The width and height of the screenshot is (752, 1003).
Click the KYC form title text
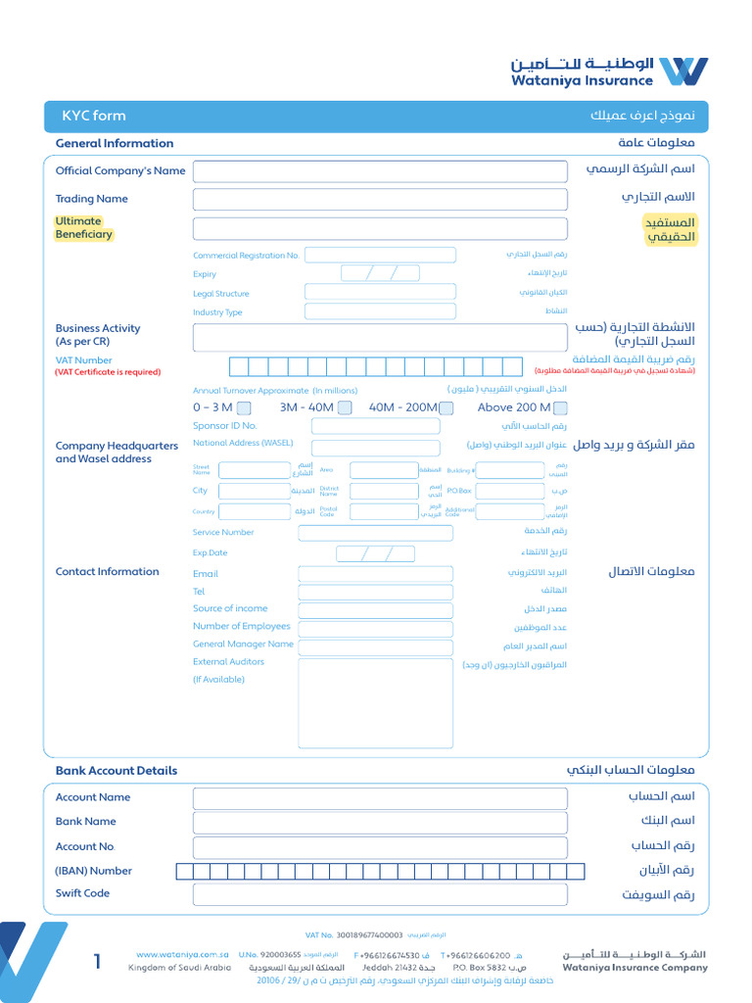tap(94, 116)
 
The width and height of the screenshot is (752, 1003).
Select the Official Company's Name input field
tap(380, 171)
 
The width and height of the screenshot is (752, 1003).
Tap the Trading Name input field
tap(380, 200)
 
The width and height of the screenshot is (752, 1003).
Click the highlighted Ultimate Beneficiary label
tap(83, 228)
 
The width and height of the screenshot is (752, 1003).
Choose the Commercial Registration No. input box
tap(380, 256)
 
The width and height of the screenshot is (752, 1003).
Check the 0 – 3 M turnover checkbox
tap(244, 408)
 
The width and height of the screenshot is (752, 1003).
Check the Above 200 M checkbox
tap(560, 408)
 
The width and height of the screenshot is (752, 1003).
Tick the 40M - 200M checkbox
tap(447, 408)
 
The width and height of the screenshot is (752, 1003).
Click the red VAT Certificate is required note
tap(108, 372)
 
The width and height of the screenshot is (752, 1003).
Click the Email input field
tap(375, 574)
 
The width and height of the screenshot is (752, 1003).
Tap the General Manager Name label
tap(243, 645)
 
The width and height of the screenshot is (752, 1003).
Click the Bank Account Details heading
tap(117, 771)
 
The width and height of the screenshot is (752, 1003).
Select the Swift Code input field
tap(380, 894)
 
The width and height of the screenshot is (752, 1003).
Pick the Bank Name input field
tap(380, 822)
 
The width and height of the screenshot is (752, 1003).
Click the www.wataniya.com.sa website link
tap(182, 955)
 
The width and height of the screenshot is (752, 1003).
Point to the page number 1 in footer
tap(97, 963)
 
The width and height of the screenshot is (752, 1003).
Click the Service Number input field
tap(375, 533)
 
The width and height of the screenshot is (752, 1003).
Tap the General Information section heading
tap(115, 144)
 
